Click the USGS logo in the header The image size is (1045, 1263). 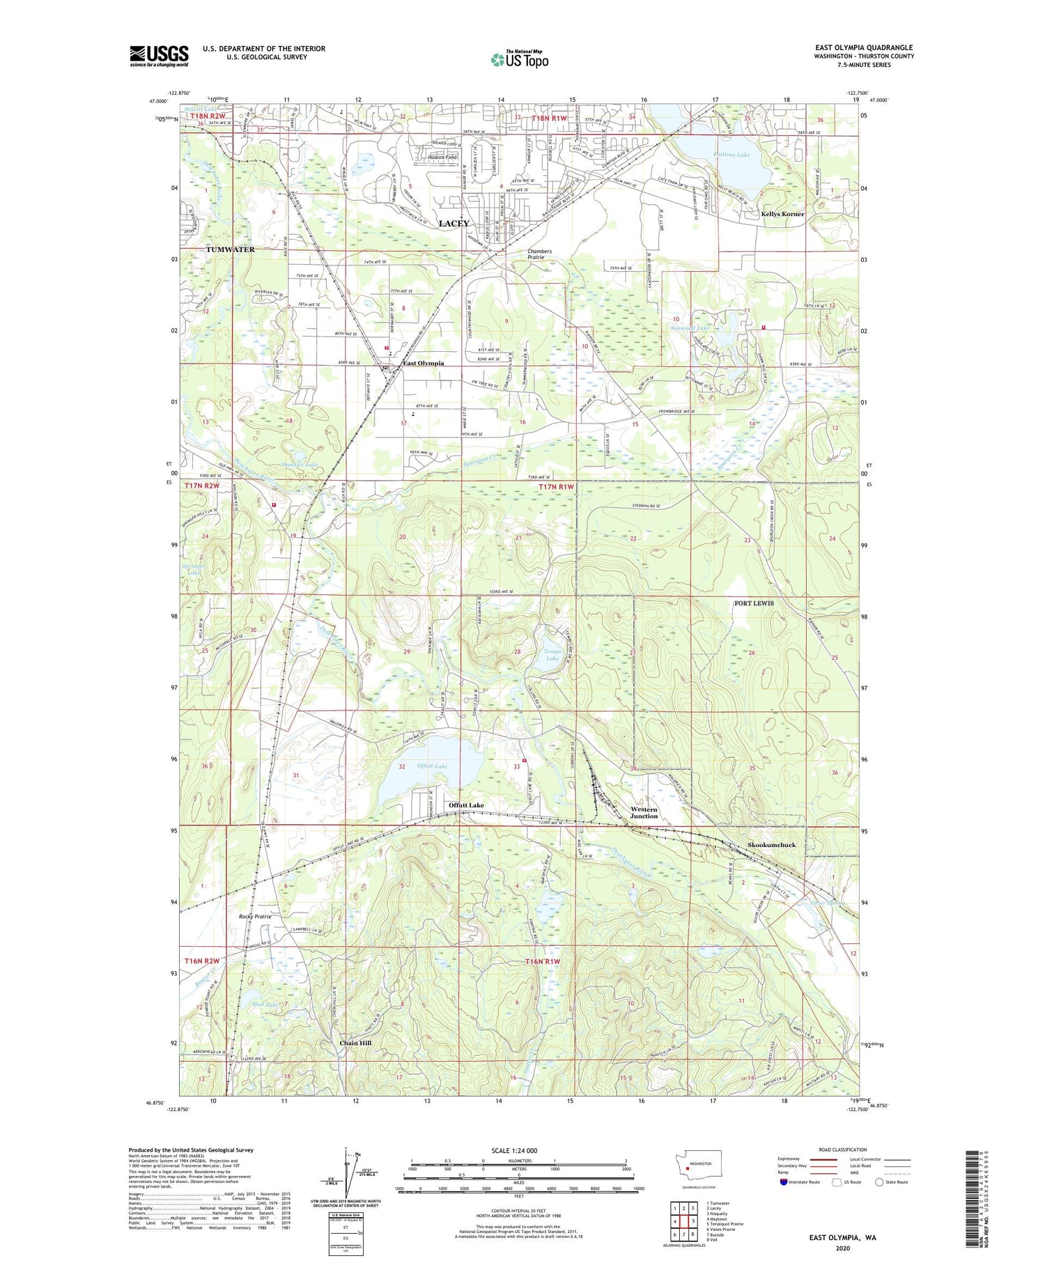159,56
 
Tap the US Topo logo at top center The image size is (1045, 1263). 519,59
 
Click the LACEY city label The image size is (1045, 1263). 454,223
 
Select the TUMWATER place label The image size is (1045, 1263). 230,249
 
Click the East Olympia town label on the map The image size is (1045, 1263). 423,363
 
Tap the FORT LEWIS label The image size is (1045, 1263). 754,603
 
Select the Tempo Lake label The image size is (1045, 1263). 552,655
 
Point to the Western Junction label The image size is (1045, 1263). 644,812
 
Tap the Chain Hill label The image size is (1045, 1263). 355,1043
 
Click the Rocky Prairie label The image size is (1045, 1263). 254,916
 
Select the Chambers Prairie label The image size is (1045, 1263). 540,254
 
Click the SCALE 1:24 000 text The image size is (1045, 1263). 519,1150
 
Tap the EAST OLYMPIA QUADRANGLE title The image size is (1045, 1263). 853,47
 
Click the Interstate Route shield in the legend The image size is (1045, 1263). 783,1182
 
